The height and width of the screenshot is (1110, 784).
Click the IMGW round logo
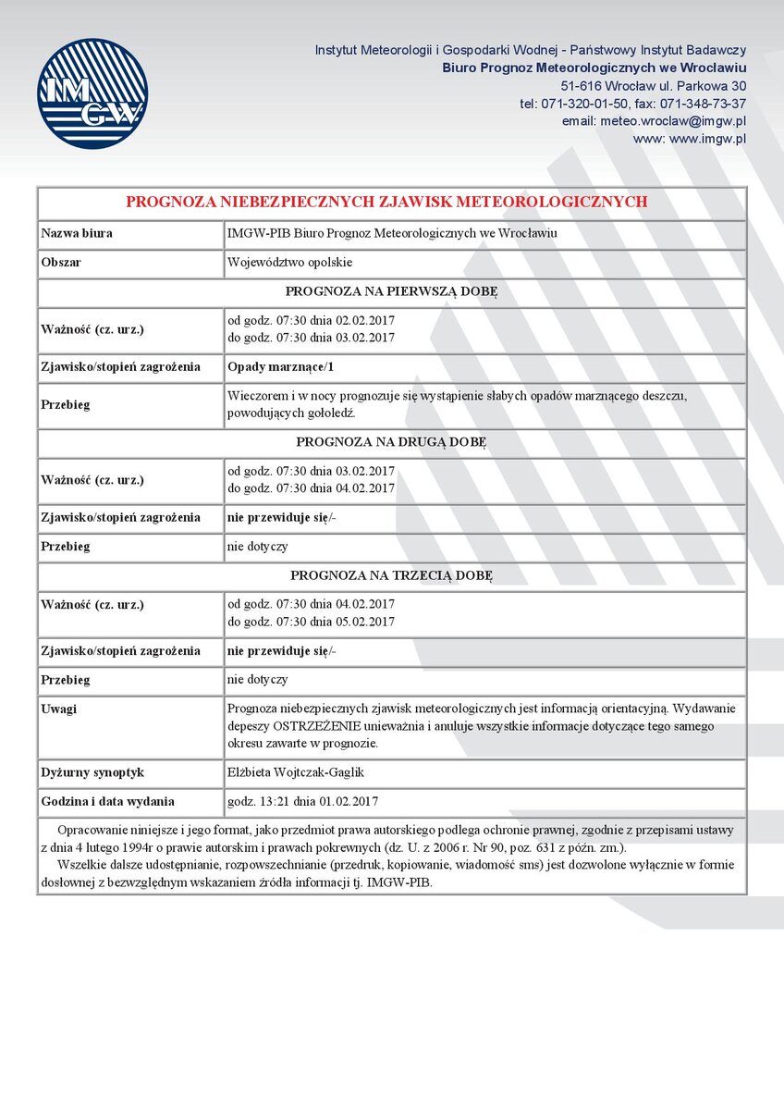[x=92, y=93]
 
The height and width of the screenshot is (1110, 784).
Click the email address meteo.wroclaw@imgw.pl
[x=655, y=121]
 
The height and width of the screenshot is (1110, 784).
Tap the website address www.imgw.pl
[x=690, y=139]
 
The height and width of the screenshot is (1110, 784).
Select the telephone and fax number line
[x=633, y=104]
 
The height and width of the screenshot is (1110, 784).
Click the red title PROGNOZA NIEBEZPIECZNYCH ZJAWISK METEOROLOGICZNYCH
[x=386, y=202]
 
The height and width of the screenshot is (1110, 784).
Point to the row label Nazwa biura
[x=77, y=233]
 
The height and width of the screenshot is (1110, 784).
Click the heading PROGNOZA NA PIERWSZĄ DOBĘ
[x=391, y=291]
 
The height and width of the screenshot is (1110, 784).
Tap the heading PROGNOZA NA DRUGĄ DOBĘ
[x=391, y=442]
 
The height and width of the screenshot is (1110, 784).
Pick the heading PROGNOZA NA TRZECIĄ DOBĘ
[x=391, y=575]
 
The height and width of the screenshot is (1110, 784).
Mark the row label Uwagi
[x=59, y=709]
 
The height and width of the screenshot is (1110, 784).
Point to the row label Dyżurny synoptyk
[x=92, y=772]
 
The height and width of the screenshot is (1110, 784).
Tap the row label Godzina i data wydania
[x=108, y=802]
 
